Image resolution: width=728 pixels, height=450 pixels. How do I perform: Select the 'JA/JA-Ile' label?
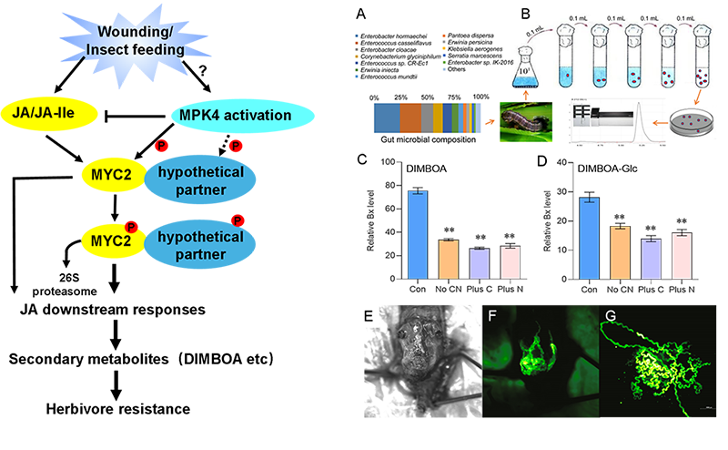pyautogui.click(x=56, y=116)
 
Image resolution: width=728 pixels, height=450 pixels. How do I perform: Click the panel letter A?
pyautogui.click(x=361, y=15)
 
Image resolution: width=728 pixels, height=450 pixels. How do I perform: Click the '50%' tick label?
pyautogui.click(x=426, y=96)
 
